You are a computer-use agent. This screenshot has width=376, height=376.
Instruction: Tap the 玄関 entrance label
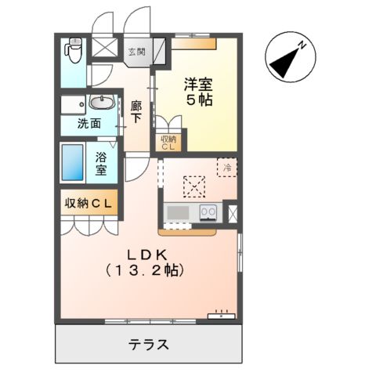[138, 52]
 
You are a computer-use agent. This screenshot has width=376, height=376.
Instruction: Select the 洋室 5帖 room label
[200, 92]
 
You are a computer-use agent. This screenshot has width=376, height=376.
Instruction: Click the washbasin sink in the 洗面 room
[100, 103]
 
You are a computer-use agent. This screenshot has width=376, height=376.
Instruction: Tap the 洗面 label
[88, 123]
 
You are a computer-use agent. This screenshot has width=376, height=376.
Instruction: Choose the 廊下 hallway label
[136, 113]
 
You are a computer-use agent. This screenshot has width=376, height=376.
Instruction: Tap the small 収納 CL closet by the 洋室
[169, 143]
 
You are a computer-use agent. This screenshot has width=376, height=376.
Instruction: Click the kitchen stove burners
[208, 211]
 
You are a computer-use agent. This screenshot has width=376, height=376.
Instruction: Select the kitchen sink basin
[178, 212]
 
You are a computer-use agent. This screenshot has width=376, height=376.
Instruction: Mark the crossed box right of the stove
[232, 212]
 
